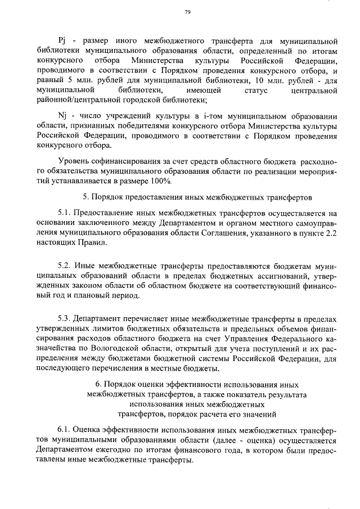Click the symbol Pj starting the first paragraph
(x=63, y=41)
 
